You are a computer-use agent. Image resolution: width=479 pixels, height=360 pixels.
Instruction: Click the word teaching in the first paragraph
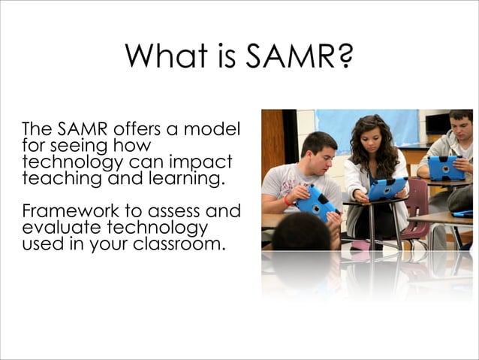56,179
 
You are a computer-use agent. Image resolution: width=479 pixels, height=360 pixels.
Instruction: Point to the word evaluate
54,228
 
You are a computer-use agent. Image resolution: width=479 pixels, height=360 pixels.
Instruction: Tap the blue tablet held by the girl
387,188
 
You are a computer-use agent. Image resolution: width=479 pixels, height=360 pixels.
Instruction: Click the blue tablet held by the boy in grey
316,202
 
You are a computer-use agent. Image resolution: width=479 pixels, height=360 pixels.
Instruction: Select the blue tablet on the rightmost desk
446,168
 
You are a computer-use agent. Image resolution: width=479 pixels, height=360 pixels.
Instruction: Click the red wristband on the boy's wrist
288,201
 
